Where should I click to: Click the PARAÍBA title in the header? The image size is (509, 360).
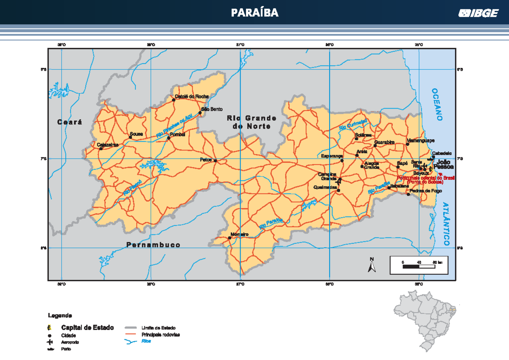click(x=255, y=13)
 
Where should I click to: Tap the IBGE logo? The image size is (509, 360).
click(x=478, y=14)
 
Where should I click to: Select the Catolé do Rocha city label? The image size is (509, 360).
click(x=192, y=96)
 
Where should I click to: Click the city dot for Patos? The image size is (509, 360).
click(x=215, y=161)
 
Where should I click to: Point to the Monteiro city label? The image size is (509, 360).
click(x=240, y=234)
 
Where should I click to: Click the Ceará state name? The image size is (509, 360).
click(x=70, y=122)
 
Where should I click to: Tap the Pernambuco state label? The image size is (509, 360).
click(x=153, y=245)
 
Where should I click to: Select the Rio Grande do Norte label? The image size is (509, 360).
click(x=252, y=122)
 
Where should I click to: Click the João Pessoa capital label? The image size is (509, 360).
click(x=444, y=165)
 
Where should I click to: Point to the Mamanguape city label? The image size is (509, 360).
click(x=420, y=140)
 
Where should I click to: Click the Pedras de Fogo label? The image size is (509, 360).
click(x=427, y=191)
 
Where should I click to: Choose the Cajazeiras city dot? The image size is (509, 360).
click(x=101, y=149)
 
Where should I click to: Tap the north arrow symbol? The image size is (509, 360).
click(x=372, y=265)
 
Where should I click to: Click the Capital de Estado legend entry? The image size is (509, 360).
click(x=87, y=327)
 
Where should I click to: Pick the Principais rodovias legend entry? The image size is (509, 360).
click(x=160, y=335)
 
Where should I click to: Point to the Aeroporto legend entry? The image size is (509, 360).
click(x=70, y=342)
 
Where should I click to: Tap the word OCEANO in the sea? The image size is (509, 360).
click(x=436, y=104)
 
